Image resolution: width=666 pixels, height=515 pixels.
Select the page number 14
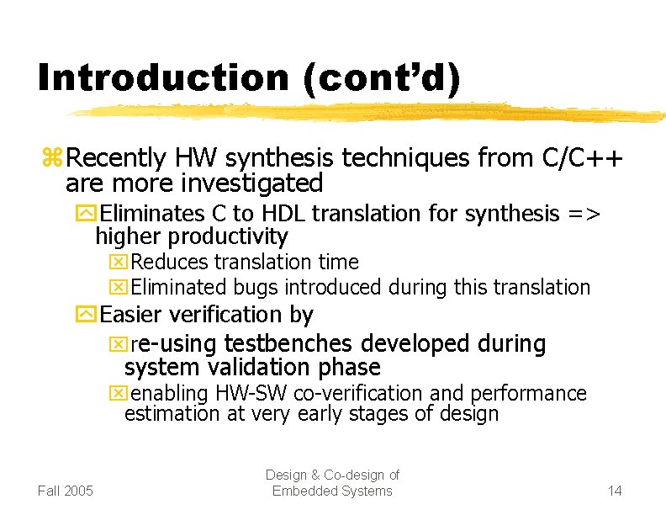(614, 491)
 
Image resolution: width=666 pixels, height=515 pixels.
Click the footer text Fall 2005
(66, 491)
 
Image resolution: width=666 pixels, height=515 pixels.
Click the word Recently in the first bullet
(117, 157)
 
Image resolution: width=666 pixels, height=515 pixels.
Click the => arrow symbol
(583, 215)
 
